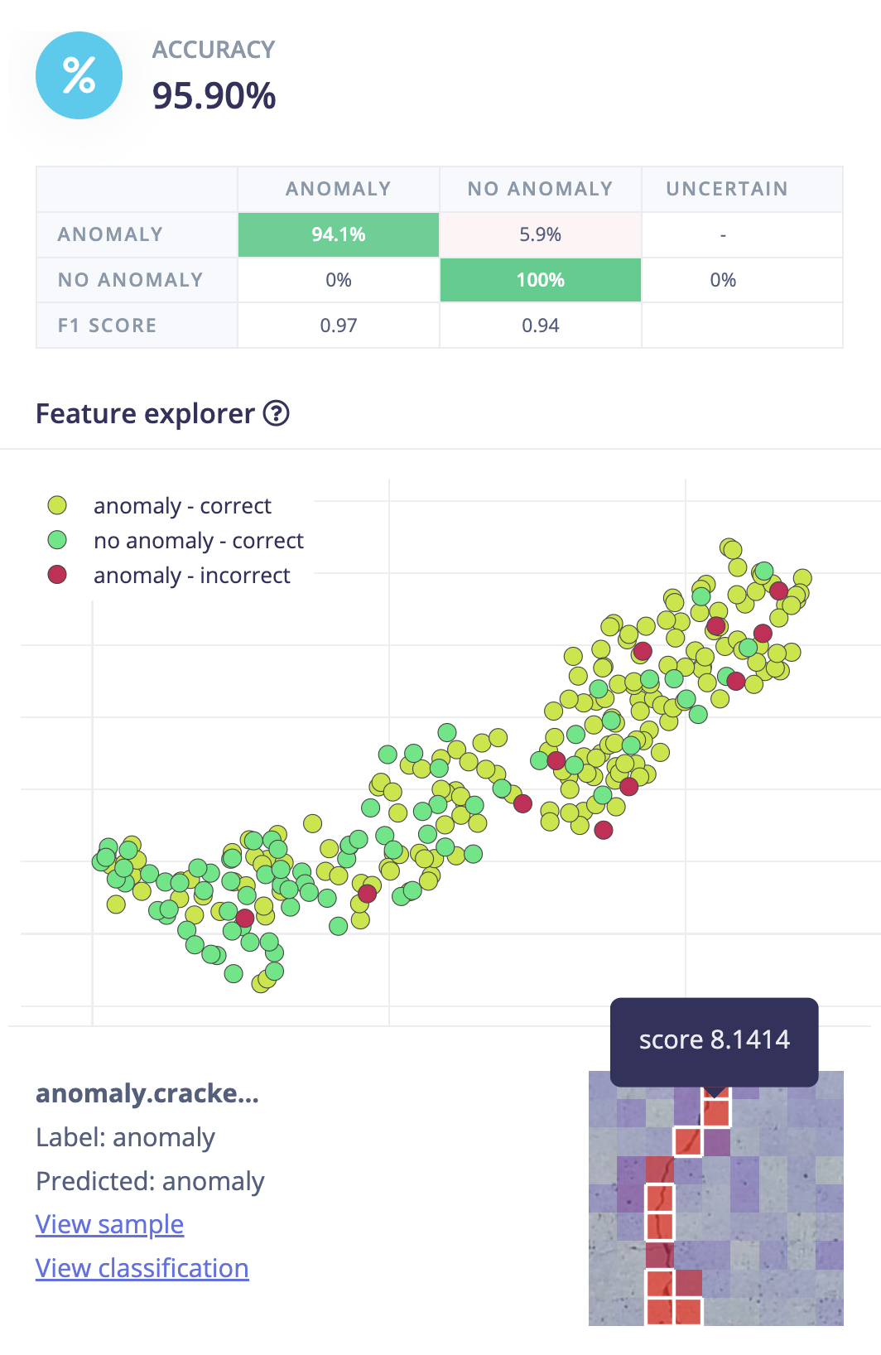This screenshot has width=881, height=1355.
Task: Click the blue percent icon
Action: click(79, 75)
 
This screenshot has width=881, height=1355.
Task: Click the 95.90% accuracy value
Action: click(214, 95)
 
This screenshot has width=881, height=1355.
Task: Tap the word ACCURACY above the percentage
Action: click(213, 50)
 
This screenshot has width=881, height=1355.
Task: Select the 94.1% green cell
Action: click(338, 234)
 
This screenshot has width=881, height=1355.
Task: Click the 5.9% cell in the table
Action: click(540, 234)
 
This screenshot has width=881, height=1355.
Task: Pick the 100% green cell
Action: click(540, 280)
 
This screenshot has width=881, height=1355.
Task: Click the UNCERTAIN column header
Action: click(726, 189)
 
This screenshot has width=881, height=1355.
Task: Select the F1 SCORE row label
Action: click(107, 325)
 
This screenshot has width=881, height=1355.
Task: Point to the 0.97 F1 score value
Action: click(338, 325)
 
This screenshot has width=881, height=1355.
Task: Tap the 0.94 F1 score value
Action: click(540, 325)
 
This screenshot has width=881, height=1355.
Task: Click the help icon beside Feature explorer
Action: click(276, 413)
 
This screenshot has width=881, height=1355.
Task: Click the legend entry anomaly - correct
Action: click(182, 505)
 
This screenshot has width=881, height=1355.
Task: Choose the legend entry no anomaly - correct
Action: click(198, 540)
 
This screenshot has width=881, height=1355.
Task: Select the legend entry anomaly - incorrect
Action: click(191, 575)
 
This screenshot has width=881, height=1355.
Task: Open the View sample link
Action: click(109, 1224)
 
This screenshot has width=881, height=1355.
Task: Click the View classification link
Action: click(142, 1268)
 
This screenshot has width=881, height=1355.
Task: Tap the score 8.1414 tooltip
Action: click(714, 1040)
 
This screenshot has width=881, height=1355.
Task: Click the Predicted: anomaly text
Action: click(150, 1181)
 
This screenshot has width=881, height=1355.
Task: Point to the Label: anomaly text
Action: click(125, 1137)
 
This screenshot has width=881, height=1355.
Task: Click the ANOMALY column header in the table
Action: click(338, 189)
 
